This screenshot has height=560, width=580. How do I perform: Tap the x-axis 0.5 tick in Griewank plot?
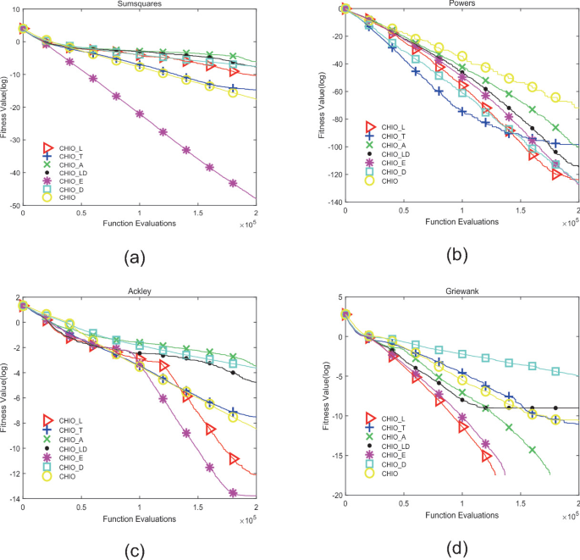[403, 506]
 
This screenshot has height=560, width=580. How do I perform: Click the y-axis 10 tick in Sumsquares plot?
[14, 9]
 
